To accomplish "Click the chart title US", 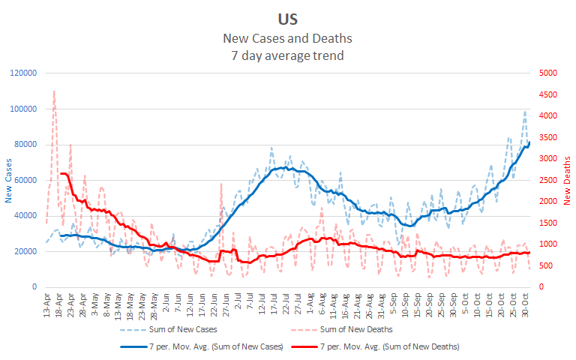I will tap(288, 17).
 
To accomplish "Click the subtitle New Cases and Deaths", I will tap(288, 37).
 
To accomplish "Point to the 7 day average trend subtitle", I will tap(288, 55).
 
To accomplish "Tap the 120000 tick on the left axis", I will tap(22, 73).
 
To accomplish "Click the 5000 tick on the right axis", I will tap(548, 73).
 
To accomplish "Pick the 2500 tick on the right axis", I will tap(548, 180).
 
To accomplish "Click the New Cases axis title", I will tap(10, 179).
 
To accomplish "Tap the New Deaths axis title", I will tap(567, 180).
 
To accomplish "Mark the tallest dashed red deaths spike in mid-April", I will tap(54, 91).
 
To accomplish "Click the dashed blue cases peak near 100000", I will tap(525, 112).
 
